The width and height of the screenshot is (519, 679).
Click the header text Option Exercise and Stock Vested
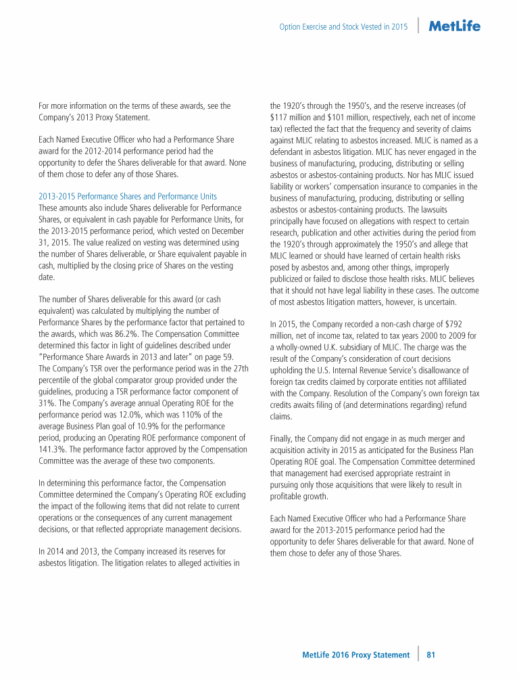pos(343,27)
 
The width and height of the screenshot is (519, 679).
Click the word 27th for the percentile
pos(239,368)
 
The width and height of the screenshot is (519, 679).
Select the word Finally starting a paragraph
pos(283,438)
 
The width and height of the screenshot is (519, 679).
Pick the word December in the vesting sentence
pos(226,231)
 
